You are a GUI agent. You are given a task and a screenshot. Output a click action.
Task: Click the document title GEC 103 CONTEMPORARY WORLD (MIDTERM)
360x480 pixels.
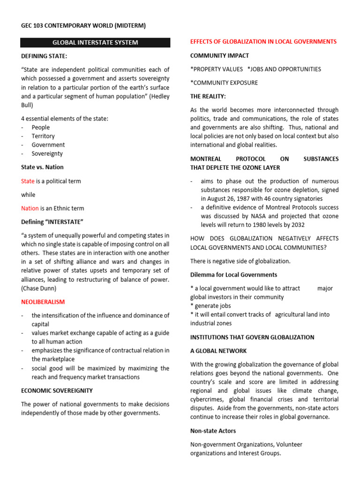coord(83,25)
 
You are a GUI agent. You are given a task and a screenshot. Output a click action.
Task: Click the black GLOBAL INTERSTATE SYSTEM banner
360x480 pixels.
coord(95,43)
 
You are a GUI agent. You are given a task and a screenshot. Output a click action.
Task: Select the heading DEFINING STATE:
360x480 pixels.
coord(44,56)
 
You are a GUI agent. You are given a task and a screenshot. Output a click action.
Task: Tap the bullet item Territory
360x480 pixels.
coord(43,136)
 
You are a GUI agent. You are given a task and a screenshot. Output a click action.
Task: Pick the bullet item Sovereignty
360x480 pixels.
coord(47,153)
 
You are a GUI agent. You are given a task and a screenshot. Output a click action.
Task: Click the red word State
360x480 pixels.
coord(28,181)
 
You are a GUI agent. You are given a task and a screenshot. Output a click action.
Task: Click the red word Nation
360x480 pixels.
coord(30,208)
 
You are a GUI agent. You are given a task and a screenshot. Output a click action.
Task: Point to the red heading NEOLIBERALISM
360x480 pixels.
coord(43,302)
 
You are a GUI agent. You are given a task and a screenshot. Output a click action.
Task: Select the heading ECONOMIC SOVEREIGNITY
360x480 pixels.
coord(57,390)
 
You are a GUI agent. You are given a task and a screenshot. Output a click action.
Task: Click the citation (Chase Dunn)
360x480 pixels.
coord(44,288)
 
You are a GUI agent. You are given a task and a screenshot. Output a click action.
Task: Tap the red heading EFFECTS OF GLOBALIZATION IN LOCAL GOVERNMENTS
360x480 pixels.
coord(263,42)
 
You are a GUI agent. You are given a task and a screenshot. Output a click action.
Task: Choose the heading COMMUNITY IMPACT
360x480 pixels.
coord(219,56)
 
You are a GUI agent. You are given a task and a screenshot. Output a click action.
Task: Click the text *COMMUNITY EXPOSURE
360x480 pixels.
coord(224,83)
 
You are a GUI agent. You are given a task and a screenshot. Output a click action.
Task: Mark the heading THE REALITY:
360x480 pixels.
coord(208,96)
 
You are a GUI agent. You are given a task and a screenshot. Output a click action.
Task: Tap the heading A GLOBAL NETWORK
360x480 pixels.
coord(218,351)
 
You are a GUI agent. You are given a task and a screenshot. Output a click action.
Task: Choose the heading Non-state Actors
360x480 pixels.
coord(213,430)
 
